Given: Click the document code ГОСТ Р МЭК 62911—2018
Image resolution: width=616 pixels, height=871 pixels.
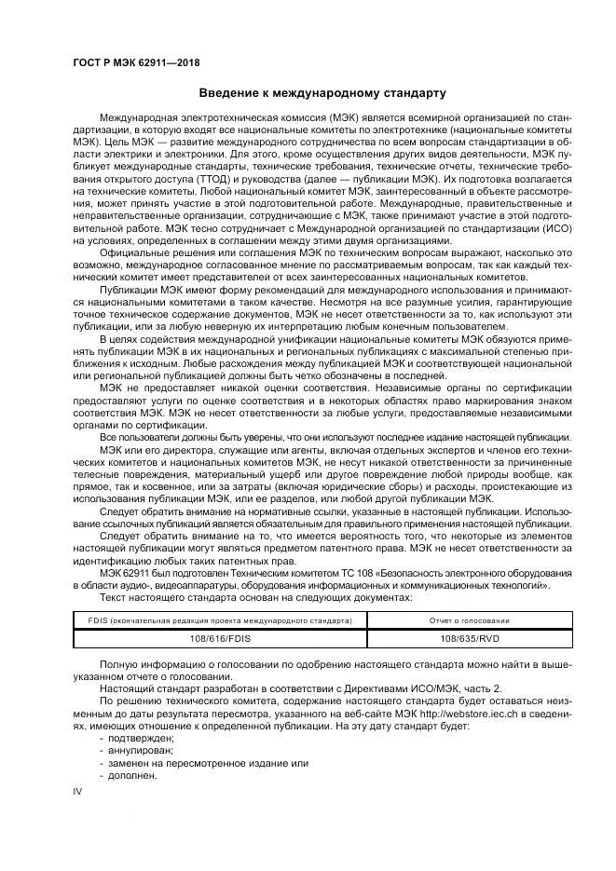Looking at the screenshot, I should (x=136, y=62).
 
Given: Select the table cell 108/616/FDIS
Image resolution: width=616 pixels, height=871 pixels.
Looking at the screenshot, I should (x=221, y=638).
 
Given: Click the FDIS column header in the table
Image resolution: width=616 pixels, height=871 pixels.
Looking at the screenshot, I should (x=221, y=619).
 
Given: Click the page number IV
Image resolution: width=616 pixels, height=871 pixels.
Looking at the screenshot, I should (x=78, y=791).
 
